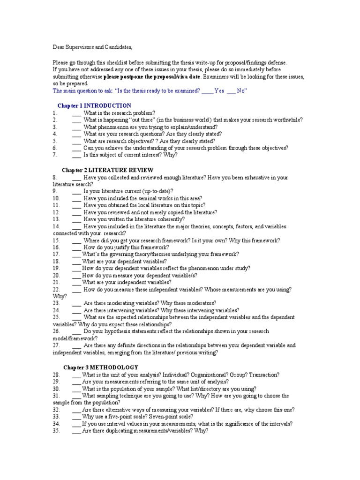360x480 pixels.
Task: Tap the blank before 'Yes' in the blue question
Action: tap(208, 91)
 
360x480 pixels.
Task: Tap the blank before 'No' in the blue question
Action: tap(231, 91)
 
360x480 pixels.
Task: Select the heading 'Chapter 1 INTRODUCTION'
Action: tap(94, 105)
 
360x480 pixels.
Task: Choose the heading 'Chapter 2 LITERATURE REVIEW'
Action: tap(108, 170)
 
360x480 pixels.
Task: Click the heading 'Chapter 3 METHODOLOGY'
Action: tap(101, 367)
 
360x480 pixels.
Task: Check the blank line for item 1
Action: tap(77, 113)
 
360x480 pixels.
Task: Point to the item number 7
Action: tap(55, 154)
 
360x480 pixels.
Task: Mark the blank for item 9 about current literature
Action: tap(77, 191)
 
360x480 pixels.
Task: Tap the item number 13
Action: tap(56, 219)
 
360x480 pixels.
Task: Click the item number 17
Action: tap(56, 254)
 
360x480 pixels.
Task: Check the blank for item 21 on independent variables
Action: tap(76, 282)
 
